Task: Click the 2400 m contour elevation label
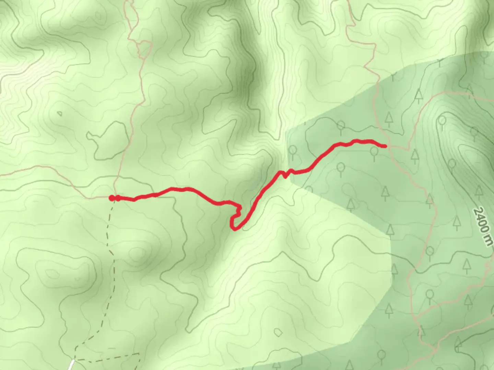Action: tap(482, 226)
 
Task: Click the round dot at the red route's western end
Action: tap(111, 198)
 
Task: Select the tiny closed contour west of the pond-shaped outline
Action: tap(60, 113)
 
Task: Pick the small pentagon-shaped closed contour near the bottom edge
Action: tap(279, 332)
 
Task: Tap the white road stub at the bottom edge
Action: tap(71, 365)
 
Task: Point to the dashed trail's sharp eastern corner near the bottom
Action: tap(139, 354)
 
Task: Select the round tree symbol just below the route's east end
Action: tap(374, 152)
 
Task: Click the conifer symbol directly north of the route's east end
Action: tap(389, 119)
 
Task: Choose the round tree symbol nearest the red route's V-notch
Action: tap(293, 150)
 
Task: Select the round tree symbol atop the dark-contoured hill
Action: tap(442, 121)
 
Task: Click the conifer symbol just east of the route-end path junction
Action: tap(415, 156)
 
